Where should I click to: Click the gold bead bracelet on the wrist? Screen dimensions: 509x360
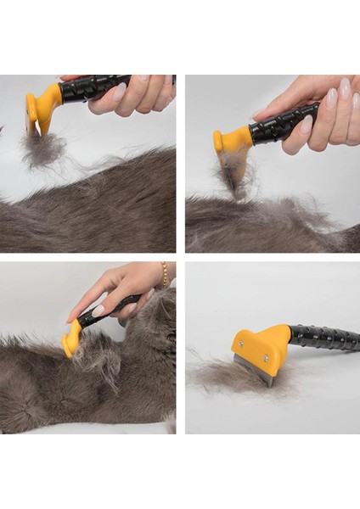[164, 274]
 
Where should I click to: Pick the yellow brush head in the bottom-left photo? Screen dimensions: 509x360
[71, 339]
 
